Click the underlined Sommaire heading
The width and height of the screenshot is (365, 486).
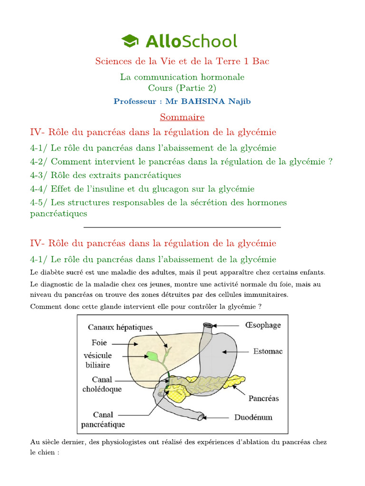pyautogui.click(x=182, y=117)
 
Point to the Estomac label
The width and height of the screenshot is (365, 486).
pyautogui.click(x=268, y=351)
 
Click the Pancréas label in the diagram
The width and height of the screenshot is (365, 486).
pyautogui.click(x=264, y=398)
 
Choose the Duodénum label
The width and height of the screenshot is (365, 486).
pyautogui.click(x=253, y=418)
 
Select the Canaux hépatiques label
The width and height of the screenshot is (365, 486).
pyautogui.click(x=120, y=327)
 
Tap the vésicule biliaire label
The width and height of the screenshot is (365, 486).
pyautogui.click(x=97, y=360)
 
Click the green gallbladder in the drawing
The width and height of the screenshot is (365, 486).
pyautogui.click(x=153, y=356)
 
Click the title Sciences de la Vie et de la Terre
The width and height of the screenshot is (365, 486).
pyautogui.click(x=182, y=61)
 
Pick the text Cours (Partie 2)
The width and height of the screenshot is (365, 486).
pyautogui.click(x=182, y=88)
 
